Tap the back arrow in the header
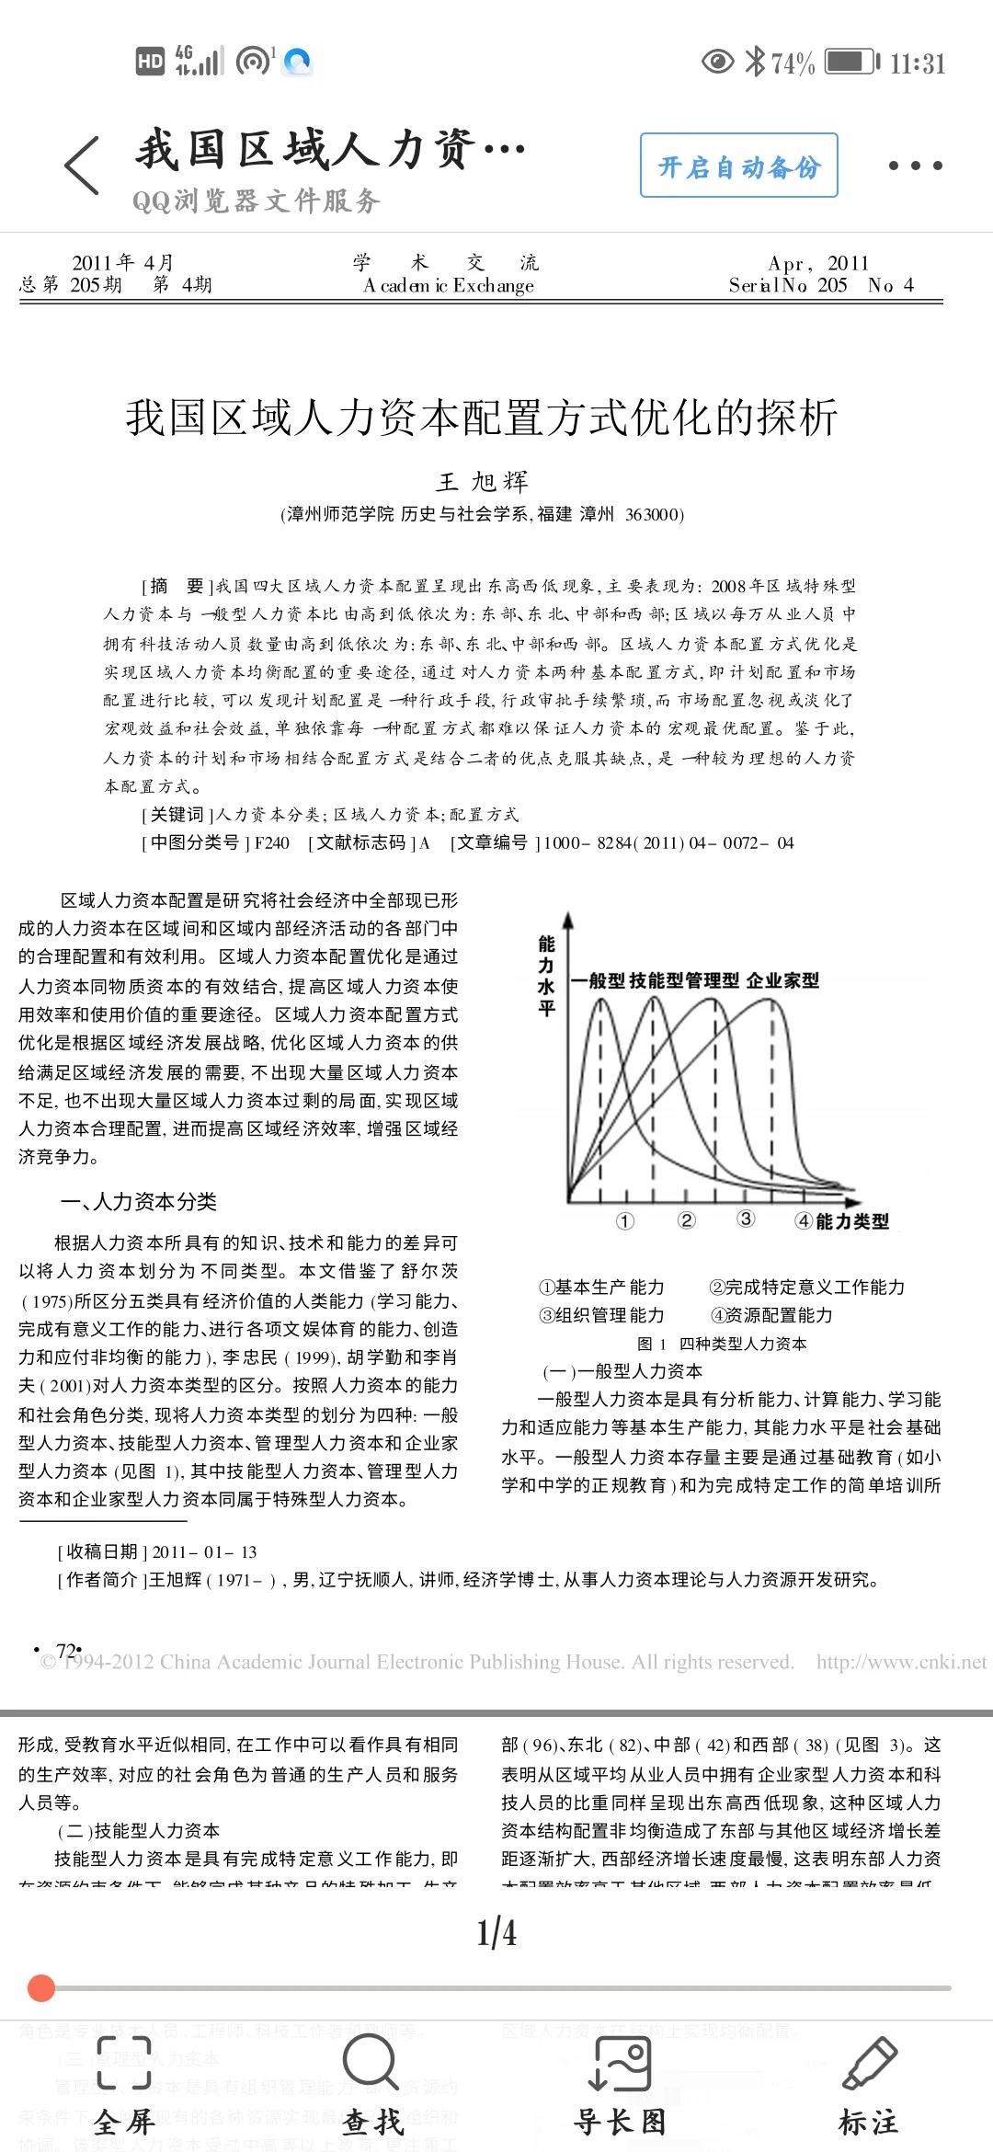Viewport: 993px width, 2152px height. tap(82, 166)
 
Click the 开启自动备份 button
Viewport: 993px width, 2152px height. tap(738, 166)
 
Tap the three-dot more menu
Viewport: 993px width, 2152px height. tap(915, 166)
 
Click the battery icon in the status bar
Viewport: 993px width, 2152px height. tap(851, 63)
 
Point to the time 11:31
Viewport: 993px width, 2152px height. tap(917, 63)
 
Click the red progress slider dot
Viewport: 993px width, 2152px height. tap(41, 1988)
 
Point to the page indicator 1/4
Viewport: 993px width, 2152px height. tap(496, 1933)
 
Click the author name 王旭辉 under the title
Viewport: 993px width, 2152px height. tap(482, 482)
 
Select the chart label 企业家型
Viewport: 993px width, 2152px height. tap(782, 980)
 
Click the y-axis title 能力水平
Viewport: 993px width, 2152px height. tap(547, 976)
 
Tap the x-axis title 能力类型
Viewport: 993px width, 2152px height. tap(852, 1221)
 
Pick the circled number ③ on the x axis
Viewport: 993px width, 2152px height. tap(746, 1219)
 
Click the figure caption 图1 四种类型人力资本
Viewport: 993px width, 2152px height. tap(722, 1344)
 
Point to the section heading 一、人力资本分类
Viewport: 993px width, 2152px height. tap(138, 1202)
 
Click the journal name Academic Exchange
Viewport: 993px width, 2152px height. tap(449, 286)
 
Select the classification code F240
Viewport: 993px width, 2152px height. tap(271, 843)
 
